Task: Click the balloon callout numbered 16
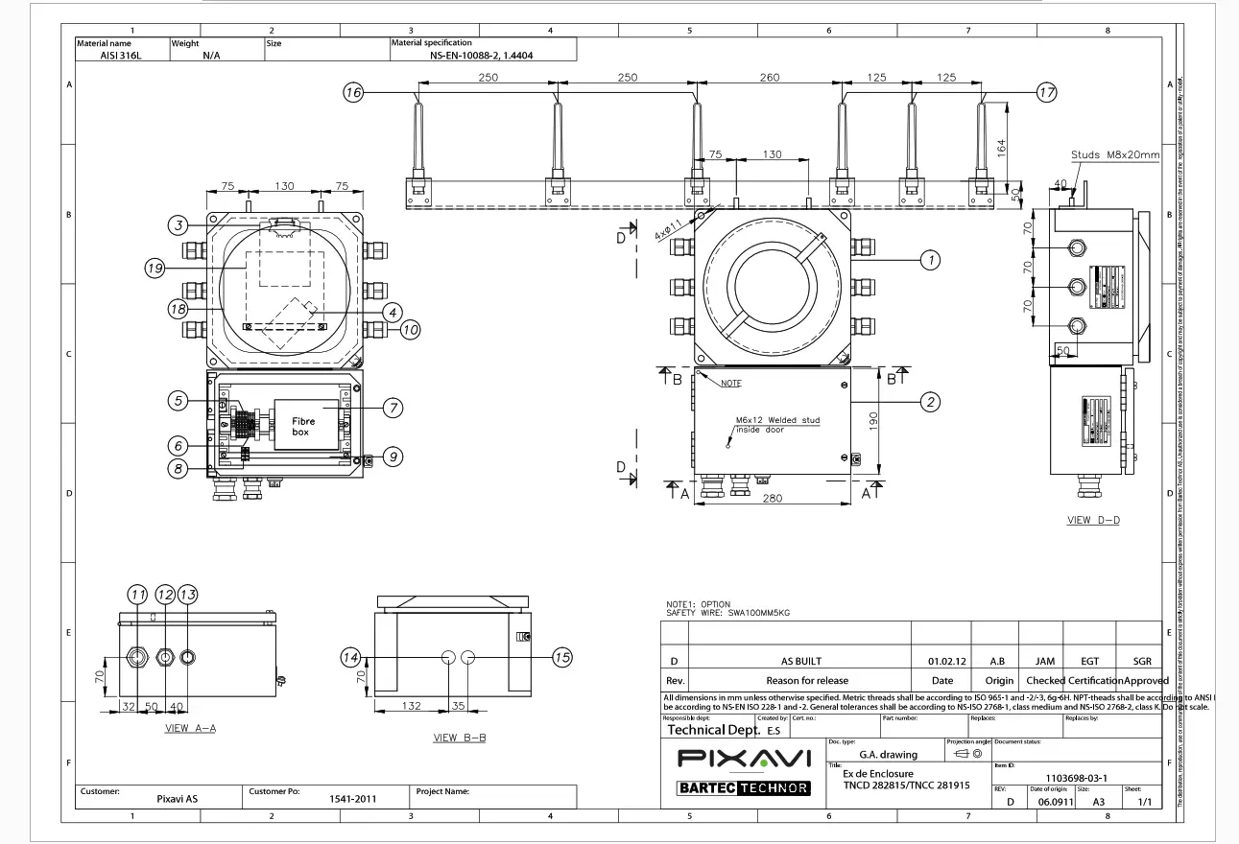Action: [353, 92]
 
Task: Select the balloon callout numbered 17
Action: [1046, 92]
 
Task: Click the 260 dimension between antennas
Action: [770, 78]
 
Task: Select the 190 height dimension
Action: [870, 419]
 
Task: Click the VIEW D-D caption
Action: [1094, 522]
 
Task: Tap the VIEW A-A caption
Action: [190, 728]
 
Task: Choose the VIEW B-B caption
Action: [460, 738]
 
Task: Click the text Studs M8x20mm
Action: [1115, 155]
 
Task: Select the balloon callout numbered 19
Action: [155, 270]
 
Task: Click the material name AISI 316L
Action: [120, 56]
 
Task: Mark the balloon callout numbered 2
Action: [929, 402]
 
